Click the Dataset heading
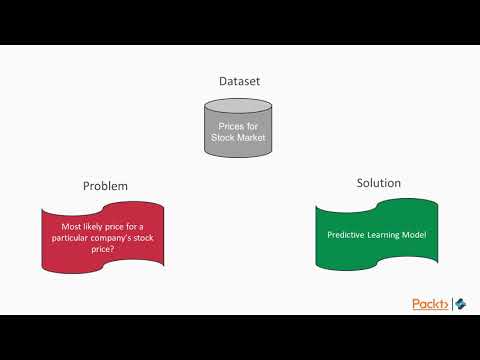pyautogui.click(x=239, y=80)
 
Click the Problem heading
pyautogui.click(x=105, y=186)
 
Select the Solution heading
pyautogui.click(x=378, y=183)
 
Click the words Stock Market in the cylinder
pyautogui.click(x=239, y=138)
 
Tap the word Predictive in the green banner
pyautogui.click(x=349, y=235)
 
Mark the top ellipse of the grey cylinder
pyautogui.click(x=239, y=106)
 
